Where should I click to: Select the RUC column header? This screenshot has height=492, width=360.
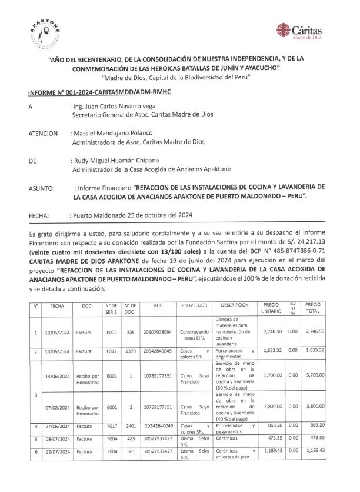pyautogui.click(x=158, y=306)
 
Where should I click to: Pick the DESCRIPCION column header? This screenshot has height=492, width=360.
pyautogui.click(x=236, y=306)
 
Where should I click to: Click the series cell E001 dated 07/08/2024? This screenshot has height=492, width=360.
pyautogui.click(x=112, y=407)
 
